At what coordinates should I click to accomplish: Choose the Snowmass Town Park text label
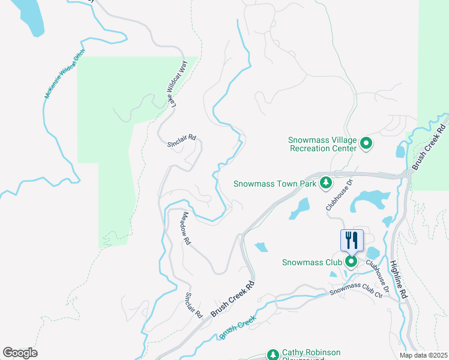coord(274,184)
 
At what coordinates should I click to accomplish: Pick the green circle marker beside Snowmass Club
coord(351,262)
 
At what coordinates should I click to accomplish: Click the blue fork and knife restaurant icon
coord(352,240)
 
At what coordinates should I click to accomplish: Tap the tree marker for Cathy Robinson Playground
coord(273,355)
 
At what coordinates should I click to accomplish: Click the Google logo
coord(20,353)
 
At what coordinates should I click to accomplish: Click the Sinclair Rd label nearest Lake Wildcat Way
coord(181,140)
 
